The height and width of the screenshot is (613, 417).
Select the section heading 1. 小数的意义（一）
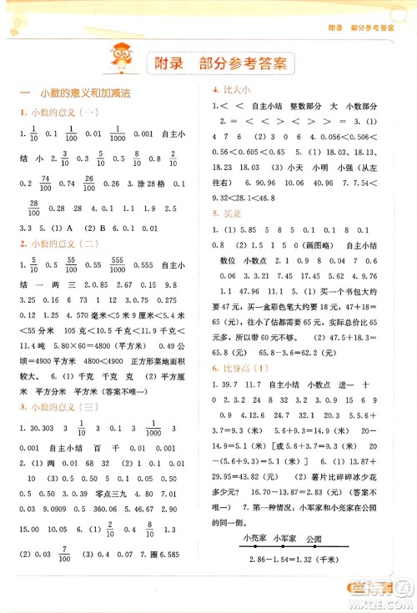point(59,113)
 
